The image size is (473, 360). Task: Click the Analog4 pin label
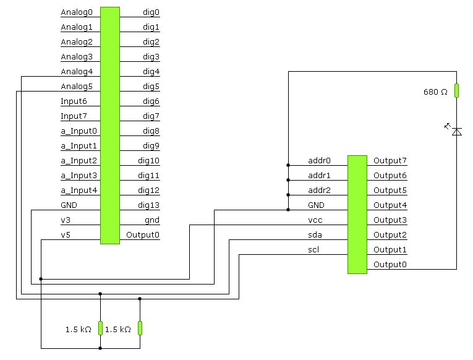pyautogui.click(x=77, y=71)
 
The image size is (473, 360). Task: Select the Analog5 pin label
pyautogui.click(x=77, y=86)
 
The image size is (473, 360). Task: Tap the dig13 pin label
pyautogui.click(x=148, y=205)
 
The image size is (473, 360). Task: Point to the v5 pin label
pyautogui.click(x=66, y=234)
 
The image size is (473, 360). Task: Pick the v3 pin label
pyautogui.click(x=66, y=220)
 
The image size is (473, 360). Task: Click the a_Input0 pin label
pyautogui.click(x=79, y=131)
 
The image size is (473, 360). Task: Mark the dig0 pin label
pyautogui.click(x=151, y=12)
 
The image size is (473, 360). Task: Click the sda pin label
pyautogui.click(x=315, y=234)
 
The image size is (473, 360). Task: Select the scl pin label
pyautogui.click(x=314, y=249)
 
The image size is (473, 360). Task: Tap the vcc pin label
pyautogui.click(x=315, y=220)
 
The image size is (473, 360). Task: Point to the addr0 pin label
pyautogui.click(x=319, y=160)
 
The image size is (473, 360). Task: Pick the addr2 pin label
pyautogui.click(x=319, y=190)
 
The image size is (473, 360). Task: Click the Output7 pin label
pyautogui.click(x=390, y=160)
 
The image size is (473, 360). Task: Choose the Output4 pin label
pyautogui.click(x=390, y=205)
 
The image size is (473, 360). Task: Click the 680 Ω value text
pyautogui.click(x=435, y=92)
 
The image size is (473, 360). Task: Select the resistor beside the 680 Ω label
pyautogui.click(x=457, y=91)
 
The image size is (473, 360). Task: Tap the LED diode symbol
pyautogui.click(x=456, y=131)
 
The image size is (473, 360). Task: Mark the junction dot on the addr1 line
pyautogui.click(x=288, y=180)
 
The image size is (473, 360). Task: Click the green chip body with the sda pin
pyautogui.click(x=357, y=214)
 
